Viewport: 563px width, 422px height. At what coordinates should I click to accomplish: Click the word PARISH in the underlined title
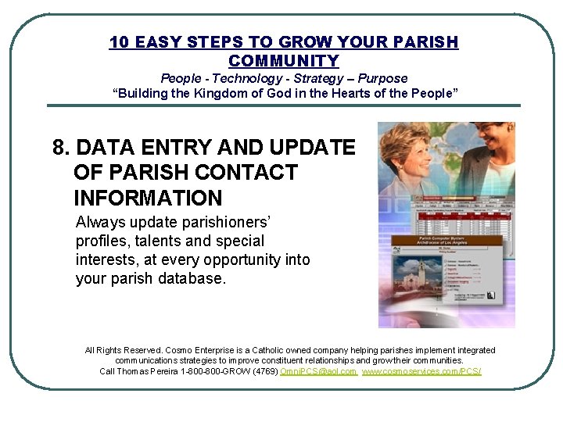[x=429, y=42]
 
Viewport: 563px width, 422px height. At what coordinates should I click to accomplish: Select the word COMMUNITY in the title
[x=284, y=61]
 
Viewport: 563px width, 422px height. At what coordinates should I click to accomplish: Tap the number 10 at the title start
[x=119, y=42]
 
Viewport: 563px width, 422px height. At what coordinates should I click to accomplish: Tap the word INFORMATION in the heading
[x=148, y=198]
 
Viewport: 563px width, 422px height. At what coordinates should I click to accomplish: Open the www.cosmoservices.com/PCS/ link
[x=421, y=371]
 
